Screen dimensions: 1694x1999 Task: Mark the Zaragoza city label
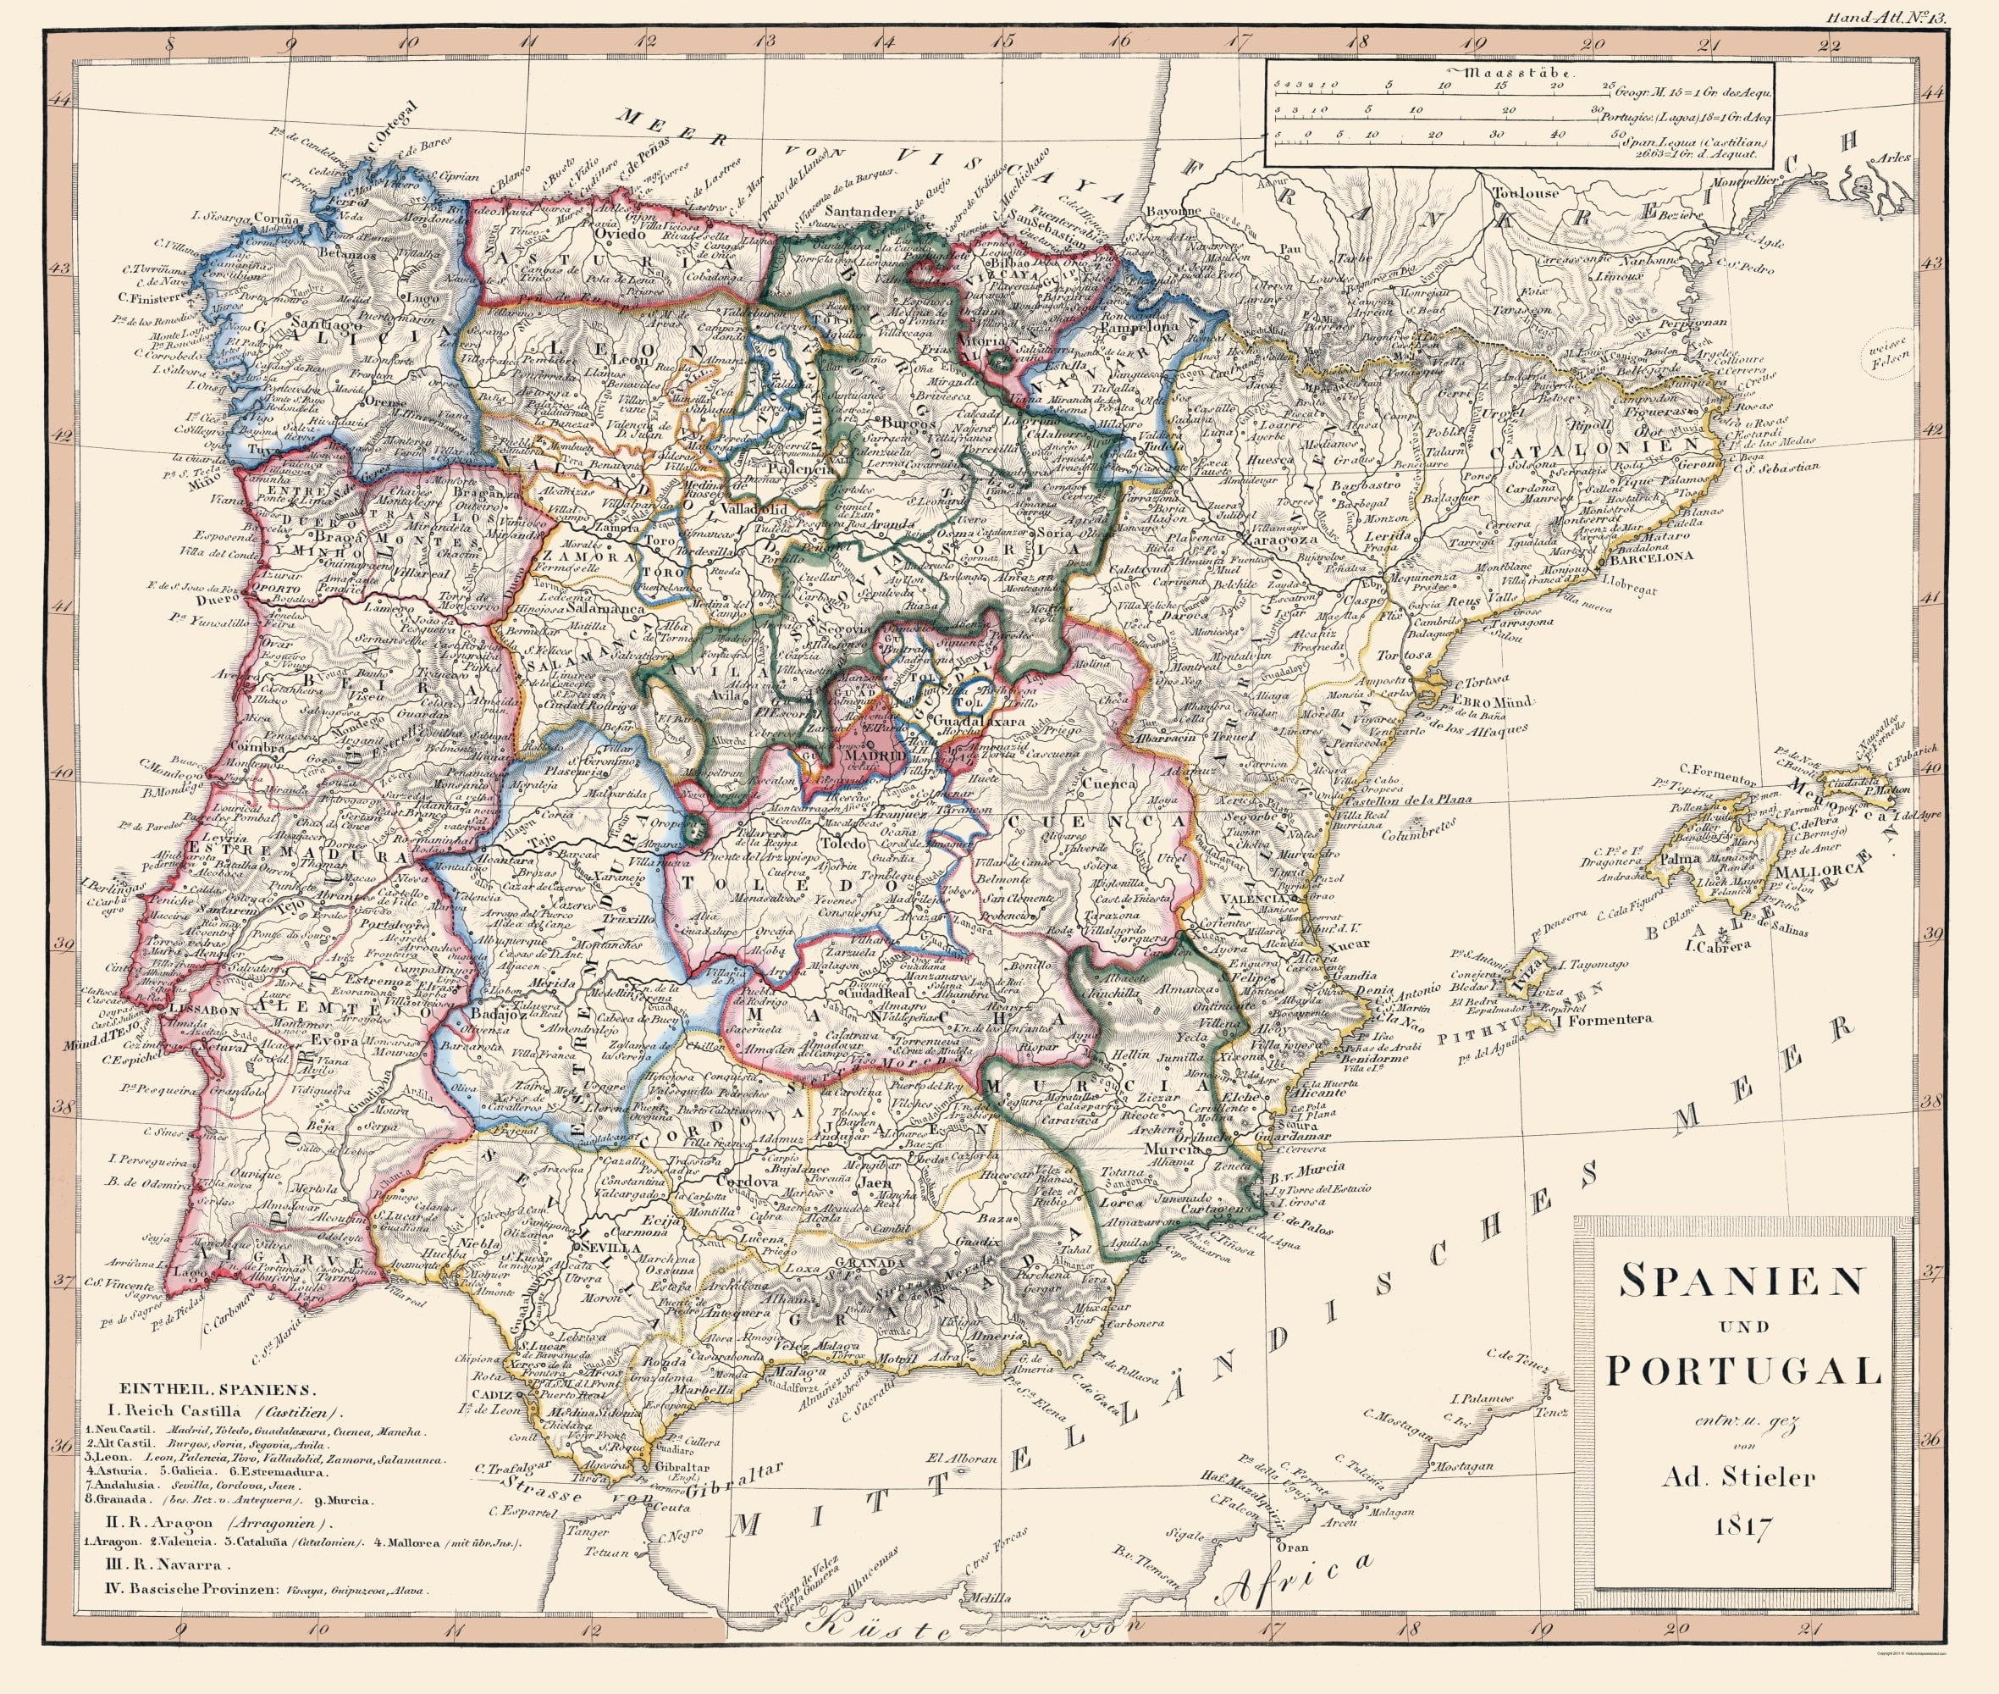point(1278,540)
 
